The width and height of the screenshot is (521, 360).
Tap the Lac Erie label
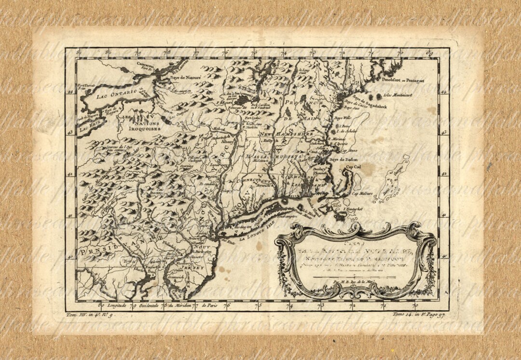[x=87, y=129]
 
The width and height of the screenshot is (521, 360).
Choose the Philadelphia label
[x=173, y=243]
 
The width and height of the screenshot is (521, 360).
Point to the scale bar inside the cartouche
[x=354, y=277]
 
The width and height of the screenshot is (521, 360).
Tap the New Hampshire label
[x=287, y=133]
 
